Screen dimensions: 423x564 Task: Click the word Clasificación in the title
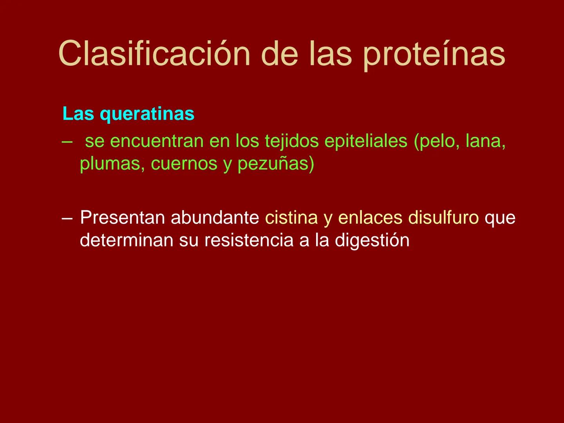point(154,54)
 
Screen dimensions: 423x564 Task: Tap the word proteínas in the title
point(434,54)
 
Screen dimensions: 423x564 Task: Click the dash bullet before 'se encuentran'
point(67,141)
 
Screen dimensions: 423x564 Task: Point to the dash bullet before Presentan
point(67,218)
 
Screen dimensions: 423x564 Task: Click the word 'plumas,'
point(112,164)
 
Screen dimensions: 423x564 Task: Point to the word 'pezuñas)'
point(276,164)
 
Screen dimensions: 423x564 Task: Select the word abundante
point(215,218)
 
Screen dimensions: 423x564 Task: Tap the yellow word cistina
point(291,218)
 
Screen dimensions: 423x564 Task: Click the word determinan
point(127,240)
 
